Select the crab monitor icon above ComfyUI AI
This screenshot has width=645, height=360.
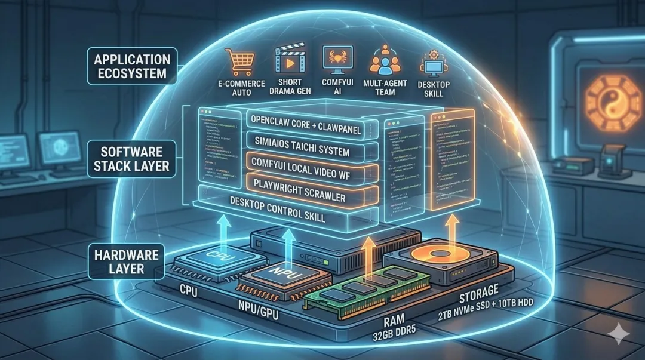click(x=333, y=59)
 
